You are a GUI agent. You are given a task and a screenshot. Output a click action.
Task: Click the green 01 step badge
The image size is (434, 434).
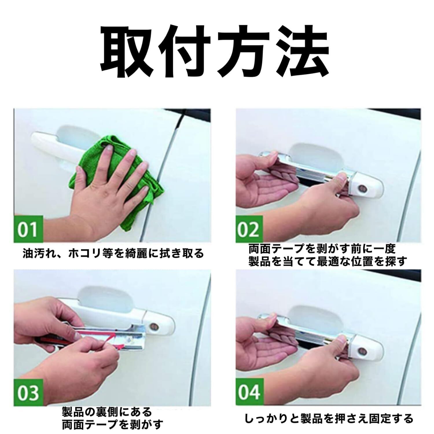(28, 229)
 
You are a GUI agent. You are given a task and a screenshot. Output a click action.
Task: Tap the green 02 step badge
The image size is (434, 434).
(250, 229)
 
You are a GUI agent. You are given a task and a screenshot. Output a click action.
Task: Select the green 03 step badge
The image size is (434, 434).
(28, 392)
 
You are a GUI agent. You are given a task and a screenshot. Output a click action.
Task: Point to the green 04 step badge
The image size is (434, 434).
(250, 392)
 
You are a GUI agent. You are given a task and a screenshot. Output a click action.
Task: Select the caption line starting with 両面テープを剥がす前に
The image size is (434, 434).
(321, 249)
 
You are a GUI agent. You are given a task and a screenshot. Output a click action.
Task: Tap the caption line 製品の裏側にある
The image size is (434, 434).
(107, 411)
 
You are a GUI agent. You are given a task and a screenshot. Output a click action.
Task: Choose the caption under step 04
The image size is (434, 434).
(329, 418)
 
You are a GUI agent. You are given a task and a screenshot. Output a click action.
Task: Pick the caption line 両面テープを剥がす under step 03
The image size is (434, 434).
(112, 424)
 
